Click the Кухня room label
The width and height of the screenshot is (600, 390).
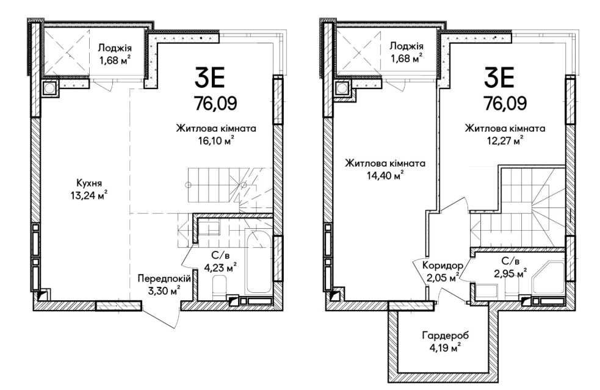pyautogui.click(x=89, y=182)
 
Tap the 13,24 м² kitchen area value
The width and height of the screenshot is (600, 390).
pyautogui.click(x=89, y=195)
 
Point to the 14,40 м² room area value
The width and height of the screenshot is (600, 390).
pyautogui.click(x=385, y=176)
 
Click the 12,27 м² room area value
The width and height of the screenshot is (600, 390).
pyautogui.click(x=504, y=141)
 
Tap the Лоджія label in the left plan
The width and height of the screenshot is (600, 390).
pyautogui.click(x=114, y=47)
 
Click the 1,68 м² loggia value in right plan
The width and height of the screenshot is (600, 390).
pyautogui.click(x=405, y=59)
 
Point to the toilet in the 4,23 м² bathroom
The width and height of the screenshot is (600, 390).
pyautogui.click(x=220, y=286)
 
